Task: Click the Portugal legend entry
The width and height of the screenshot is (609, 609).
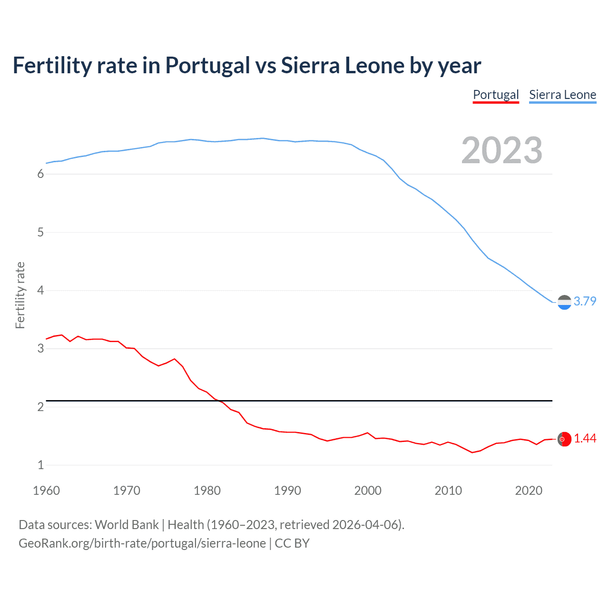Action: (495, 95)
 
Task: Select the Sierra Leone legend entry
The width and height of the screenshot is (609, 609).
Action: (562, 95)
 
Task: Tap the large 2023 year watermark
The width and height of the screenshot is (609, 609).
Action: (502, 150)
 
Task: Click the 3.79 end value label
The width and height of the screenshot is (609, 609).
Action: (585, 301)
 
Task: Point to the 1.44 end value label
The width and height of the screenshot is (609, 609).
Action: (585, 438)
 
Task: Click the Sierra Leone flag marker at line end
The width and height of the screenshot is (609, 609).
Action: (564, 302)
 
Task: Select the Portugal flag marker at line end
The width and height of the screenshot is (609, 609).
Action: (564, 439)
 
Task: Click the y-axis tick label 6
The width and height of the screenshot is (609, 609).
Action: (40, 174)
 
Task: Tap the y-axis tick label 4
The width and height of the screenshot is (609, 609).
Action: (40, 290)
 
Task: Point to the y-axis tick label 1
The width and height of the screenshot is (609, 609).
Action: (40, 465)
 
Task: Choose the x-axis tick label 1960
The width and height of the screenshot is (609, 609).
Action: (46, 491)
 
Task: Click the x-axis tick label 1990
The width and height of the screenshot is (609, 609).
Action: (287, 491)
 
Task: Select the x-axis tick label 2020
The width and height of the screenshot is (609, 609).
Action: (529, 491)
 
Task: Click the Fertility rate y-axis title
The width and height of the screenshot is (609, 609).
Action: (20, 295)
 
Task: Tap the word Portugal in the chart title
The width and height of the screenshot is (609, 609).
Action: (207, 65)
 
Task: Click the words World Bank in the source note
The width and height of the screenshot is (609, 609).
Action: (127, 525)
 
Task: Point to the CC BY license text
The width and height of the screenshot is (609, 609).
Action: (292, 543)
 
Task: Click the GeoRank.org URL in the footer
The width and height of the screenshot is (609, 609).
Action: (142, 543)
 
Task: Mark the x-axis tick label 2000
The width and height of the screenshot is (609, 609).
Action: (368, 491)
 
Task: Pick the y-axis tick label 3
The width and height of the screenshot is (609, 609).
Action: (40, 349)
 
